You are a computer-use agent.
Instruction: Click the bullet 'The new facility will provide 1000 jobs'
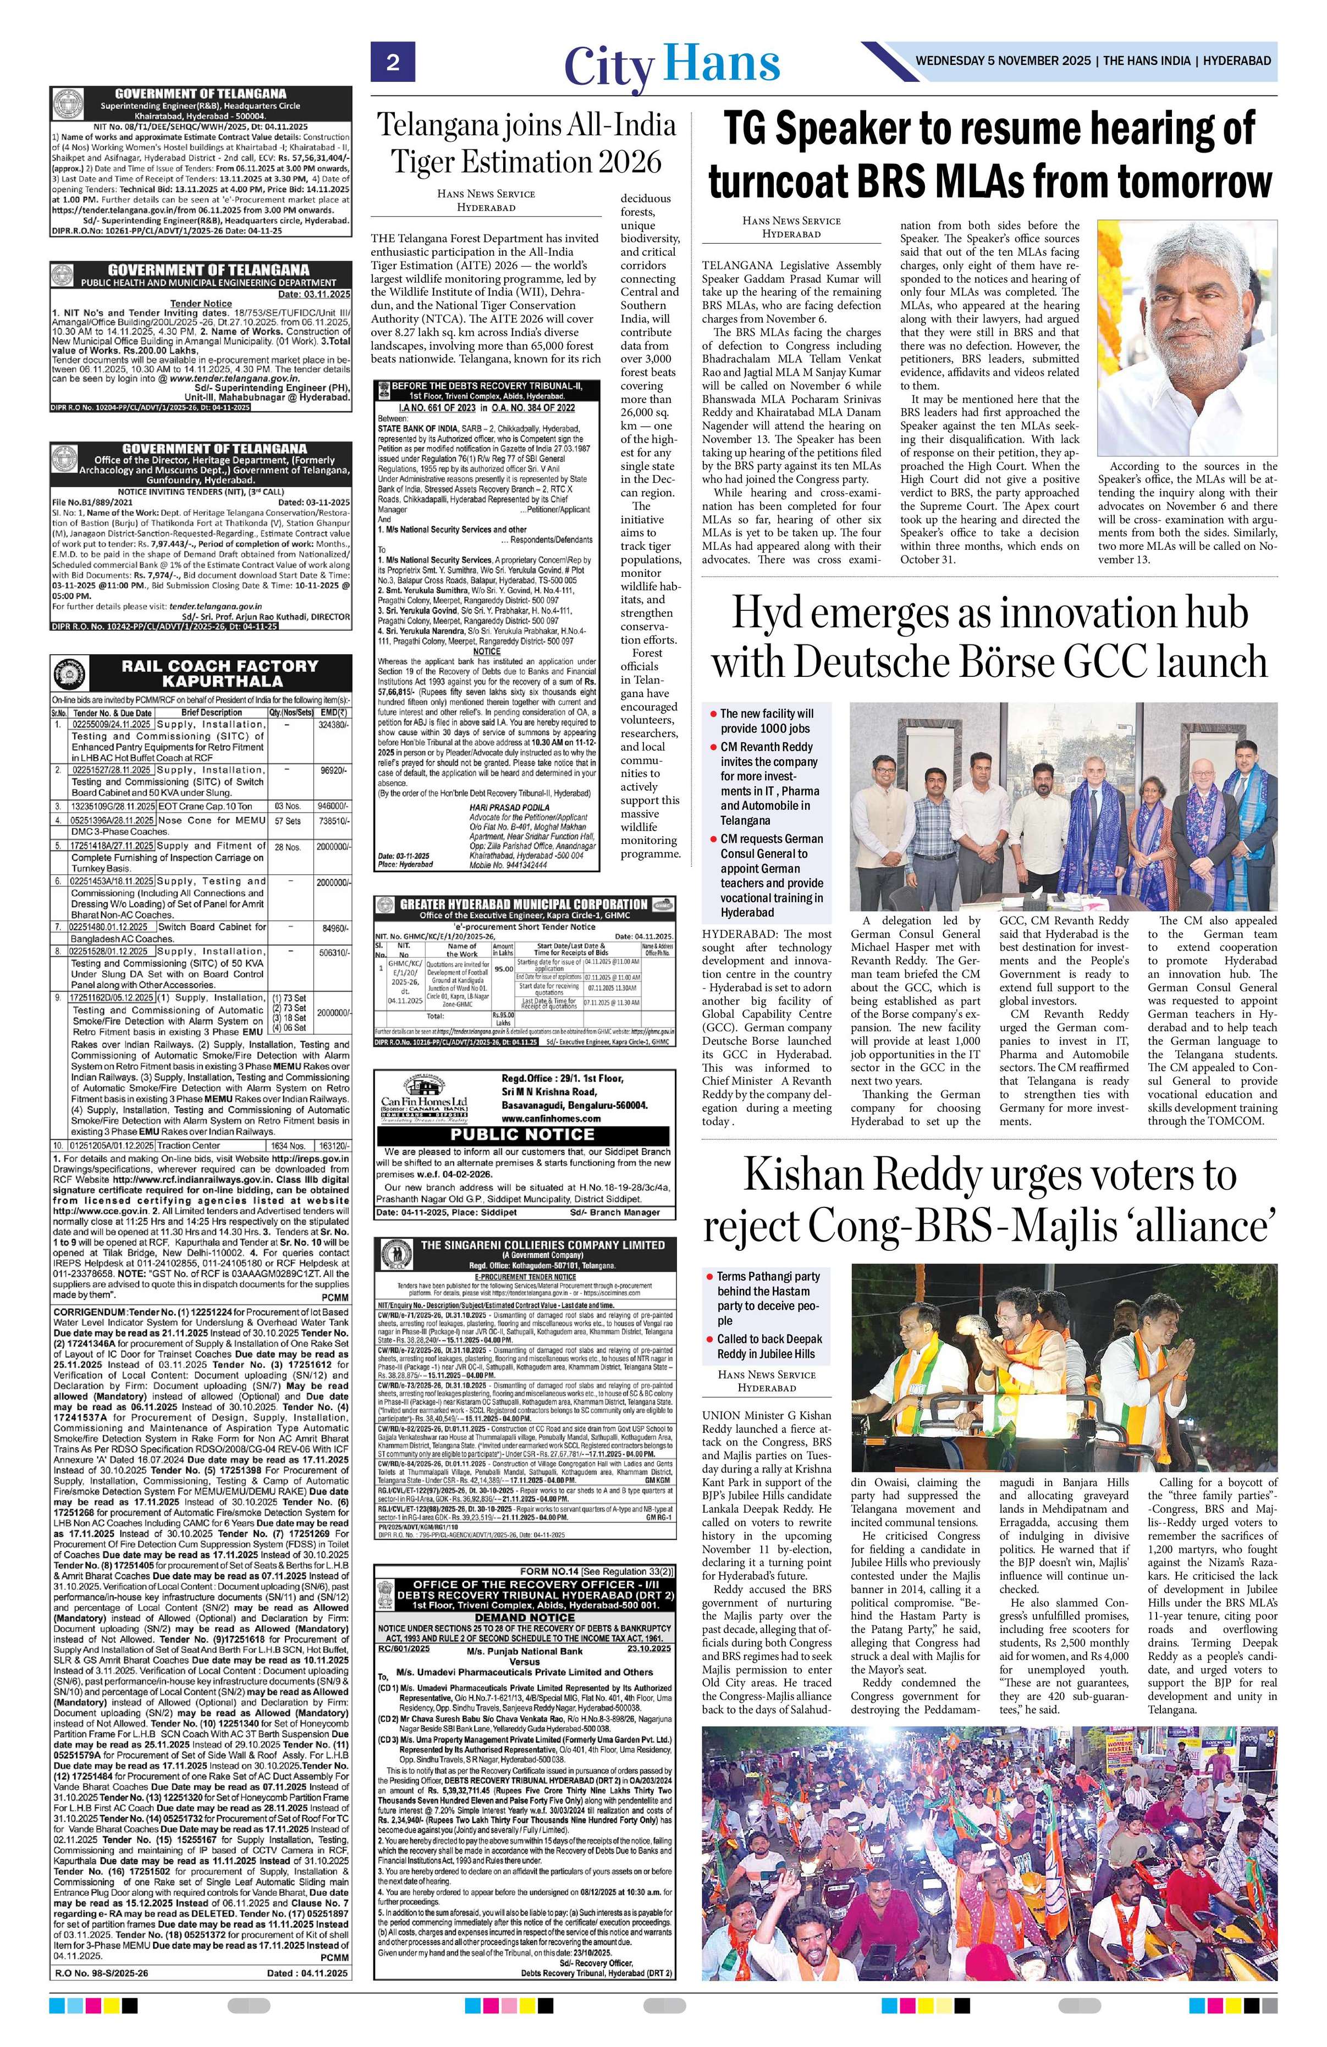tap(766, 721)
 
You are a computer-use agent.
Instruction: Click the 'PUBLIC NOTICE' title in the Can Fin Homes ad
tap(524, 1135)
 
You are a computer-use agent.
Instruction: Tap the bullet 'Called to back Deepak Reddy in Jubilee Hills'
tap(769, 1346)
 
